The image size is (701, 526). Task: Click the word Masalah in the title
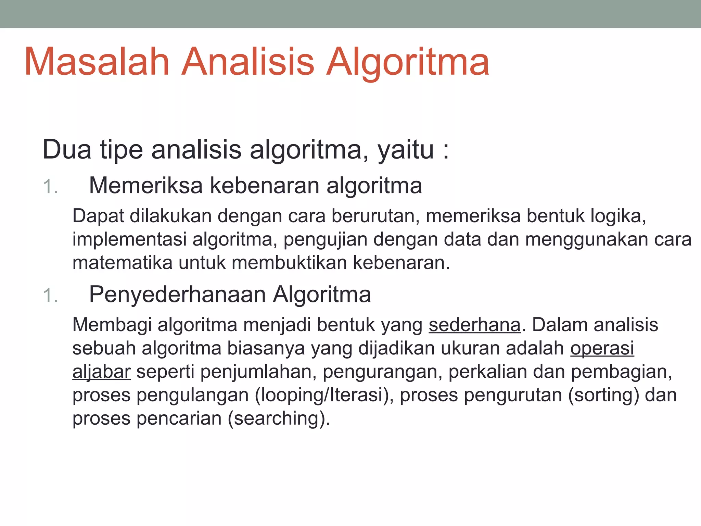[97, 62]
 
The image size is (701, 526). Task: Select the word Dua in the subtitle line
[67, 150]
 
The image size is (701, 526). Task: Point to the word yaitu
[406, 150]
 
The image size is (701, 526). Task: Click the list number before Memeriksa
[50, 187]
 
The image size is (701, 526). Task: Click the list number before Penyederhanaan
[50, 296]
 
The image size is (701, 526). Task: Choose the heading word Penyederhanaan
[177, 295]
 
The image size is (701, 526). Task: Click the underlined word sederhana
[474, 325]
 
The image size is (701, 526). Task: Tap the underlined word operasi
[602, 348]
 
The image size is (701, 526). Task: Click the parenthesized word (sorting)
[603, 395]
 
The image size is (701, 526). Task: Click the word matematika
[122, 263]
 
